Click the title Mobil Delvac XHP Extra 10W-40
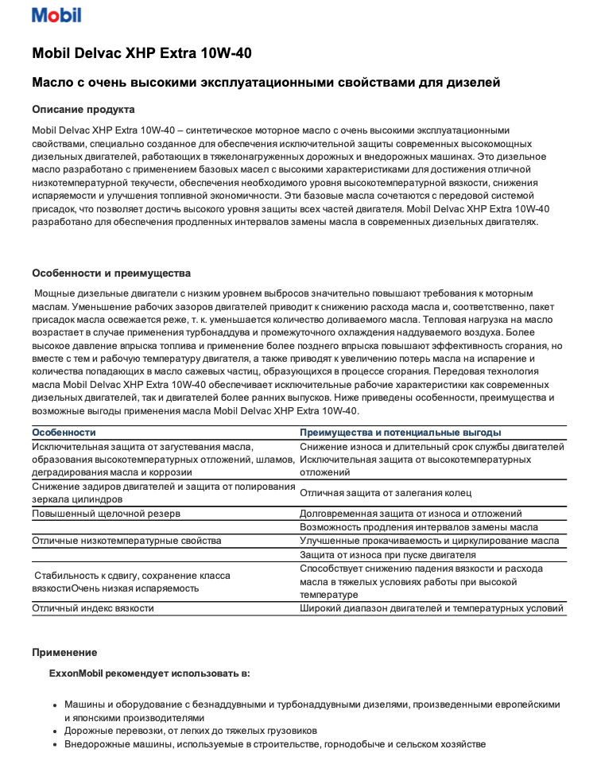pyautogui.click(x=142, y=53)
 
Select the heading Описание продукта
pyautogui.click(x=83, y=109)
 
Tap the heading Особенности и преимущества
pyautogui.click(x=111, y=273)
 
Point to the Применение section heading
pyautogui.click(x=64, y=652)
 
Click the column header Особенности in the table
pyautogui.click(x=64, y=433)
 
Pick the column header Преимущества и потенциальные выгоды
pyautogui.click(x=400, y=433)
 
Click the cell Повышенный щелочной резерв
pyautogui.click(x=106, y=514)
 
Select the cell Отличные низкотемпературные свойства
pyautogui.click(x=126, y=541)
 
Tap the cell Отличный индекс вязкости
pyautogui.click(x=93, y=608)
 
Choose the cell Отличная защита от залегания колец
pyautogui.click(x=386, y=493)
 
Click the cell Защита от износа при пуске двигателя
pyautogui.click(x=388, y=554)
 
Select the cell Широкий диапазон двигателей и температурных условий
pyautogui.click(x=432, y=608)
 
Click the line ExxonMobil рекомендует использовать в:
pyautogui.click(x=149, y=673)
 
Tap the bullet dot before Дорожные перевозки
pyautogui.click(x=54, y=731)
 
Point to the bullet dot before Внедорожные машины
pyautogui.click(x=54, y=745)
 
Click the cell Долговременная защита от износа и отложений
pyautogui.click(x=410, y=514)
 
